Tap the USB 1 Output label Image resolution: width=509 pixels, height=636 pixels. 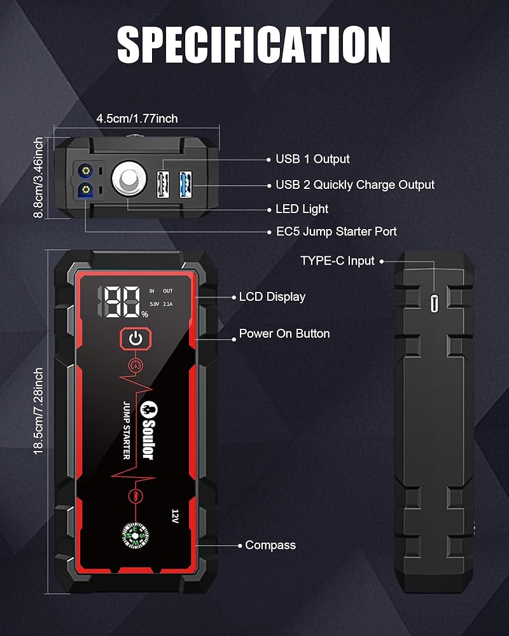click(x=312, y=159)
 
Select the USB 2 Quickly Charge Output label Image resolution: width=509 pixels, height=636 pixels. click(x=354, y=185)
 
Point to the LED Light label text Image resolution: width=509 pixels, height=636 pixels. click(x=302, y=209)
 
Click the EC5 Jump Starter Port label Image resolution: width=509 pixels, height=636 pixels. click(x=336, y=232)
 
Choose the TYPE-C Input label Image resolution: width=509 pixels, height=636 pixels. click(x=337, y=261)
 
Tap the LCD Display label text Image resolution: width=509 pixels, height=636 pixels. click(x=272, y=297)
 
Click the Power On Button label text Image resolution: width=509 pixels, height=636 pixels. click(x=284, y=334)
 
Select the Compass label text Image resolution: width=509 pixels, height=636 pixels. click(x=270, y=545)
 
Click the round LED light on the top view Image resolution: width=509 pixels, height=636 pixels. click(x=127, y=181)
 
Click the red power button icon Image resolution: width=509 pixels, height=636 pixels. click(x=135, y=339)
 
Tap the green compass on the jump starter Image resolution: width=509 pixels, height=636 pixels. click(x=135, y=536)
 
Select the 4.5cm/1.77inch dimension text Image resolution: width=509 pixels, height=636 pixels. click(x=137, y=118)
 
